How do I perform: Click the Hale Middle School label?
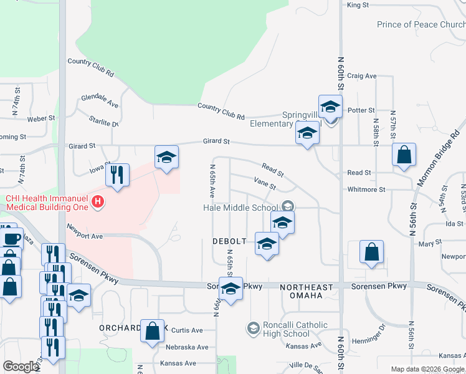pyautogui.click(x=240, y=208)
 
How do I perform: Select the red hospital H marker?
pyautogui.click(x=97, y=202)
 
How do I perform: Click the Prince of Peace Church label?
pyautogui.click(x=421, y=25)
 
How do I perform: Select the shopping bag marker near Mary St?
pyautogui.click(x=372, y=252)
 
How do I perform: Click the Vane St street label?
pyautogui.click(x=265, y=182)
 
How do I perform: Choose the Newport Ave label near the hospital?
pyautogui.click(x=84, y=232)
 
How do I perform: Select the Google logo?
pyautogui.click(x=21, y=367)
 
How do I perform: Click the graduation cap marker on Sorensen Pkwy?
pyautogui.click(x=231, y=289)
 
